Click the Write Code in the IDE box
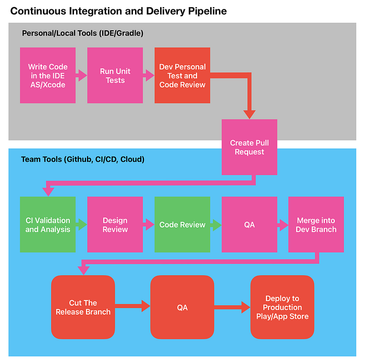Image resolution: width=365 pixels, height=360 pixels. pos(48,76)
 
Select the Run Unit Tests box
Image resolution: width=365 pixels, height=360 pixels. pos(115,76)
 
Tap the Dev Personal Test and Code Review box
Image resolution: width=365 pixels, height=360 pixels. pos(182,76)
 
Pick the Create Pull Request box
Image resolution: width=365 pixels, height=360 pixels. pos(249,147)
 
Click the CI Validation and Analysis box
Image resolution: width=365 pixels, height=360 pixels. pos(48,224)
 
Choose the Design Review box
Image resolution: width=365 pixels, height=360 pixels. pos(115,224)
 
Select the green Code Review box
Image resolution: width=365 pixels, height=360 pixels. pos(182,224)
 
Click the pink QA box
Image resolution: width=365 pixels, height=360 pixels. pos(249,224)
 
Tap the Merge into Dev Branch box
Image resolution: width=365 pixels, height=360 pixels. pos(316,224)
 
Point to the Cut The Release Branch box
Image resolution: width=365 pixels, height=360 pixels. pos(83,307)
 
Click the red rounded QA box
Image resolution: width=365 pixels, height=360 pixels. pos(182,307)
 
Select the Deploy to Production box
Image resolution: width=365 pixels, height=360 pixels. pos(283,307)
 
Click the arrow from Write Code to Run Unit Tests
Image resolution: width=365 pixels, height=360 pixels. pos(81,75)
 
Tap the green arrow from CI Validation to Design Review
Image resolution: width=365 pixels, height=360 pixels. pos(81,224)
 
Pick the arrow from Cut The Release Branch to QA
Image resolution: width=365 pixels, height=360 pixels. pos(132,306)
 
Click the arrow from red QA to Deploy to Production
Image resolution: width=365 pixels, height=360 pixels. pos(233,307)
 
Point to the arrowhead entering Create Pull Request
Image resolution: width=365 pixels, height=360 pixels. pos(249,115)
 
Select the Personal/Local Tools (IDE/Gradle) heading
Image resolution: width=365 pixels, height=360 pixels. pos(82,33)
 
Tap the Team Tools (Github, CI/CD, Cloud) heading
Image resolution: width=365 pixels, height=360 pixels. pos(82,159)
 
